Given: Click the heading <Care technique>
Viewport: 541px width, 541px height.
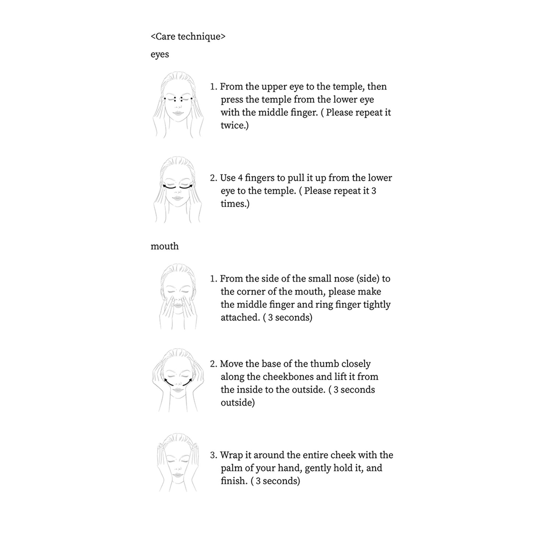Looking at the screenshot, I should pos(188,36).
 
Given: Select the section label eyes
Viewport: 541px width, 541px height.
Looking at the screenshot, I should pos(160,55).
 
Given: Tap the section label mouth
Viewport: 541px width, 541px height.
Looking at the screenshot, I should pos(165,246).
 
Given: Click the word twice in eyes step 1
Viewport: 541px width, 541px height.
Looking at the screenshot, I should pos(233,125).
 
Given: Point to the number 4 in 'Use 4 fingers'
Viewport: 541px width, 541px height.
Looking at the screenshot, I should pos(240,178).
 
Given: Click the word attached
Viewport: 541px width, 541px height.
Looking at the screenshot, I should pos(239,317).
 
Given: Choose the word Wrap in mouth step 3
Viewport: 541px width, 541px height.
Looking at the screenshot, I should pos(231,455).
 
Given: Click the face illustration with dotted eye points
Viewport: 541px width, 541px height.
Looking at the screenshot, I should pos(178,104).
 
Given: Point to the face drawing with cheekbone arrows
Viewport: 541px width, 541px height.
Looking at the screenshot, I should pos(178,380).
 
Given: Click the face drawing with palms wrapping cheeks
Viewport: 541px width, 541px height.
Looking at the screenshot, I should pos(178,463).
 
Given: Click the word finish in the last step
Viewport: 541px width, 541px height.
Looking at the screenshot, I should pos(233,481).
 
